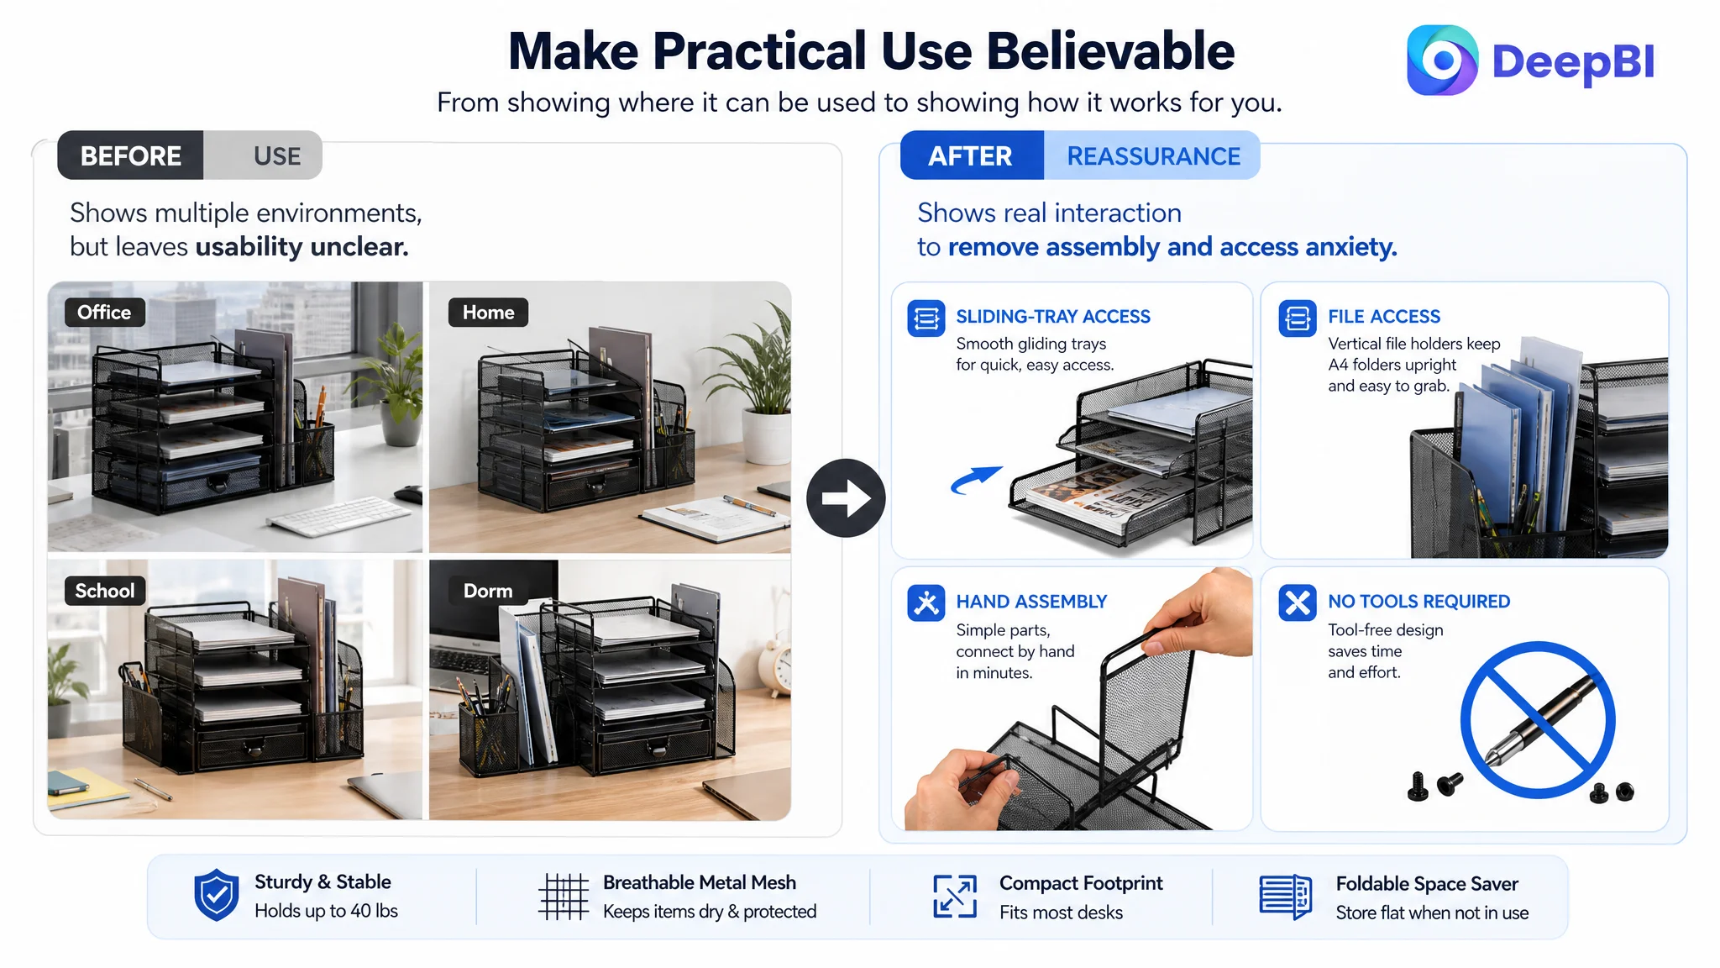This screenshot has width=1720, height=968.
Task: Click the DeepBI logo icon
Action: click(1442, 60)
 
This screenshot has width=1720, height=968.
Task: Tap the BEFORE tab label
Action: click(131, 155)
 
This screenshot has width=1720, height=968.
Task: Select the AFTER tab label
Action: click(971, 155)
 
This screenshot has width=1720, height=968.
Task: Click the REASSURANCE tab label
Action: click(1153, 155)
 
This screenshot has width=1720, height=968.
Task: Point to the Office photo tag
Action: click(104, 312)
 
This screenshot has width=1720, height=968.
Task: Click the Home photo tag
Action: click(488, 312)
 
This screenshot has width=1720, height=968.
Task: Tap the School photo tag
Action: click(105, 591)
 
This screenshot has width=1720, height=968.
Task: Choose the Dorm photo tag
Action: click(488, 591)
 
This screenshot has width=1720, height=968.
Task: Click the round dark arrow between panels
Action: click(846, 497)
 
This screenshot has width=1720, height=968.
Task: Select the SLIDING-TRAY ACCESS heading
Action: click(1053, 317)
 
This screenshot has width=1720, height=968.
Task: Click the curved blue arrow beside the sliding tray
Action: click(976, 479)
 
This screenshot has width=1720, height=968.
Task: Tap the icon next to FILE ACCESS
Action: click(1297, 318)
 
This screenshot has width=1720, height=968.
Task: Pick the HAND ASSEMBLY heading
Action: click(1031, 602)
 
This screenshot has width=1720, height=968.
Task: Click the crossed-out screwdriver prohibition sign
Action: click(1537, 719)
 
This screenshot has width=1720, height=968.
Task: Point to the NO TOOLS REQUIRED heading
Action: click(1418, 602)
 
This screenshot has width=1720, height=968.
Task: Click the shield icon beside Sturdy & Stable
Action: click(216, 895)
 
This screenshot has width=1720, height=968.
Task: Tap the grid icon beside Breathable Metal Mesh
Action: click(564, 897)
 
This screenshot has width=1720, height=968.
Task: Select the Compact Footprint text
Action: click(1081, 883)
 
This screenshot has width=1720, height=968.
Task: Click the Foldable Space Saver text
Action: click(1427, 884)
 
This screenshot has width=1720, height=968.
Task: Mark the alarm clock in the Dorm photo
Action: click(780, 669)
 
